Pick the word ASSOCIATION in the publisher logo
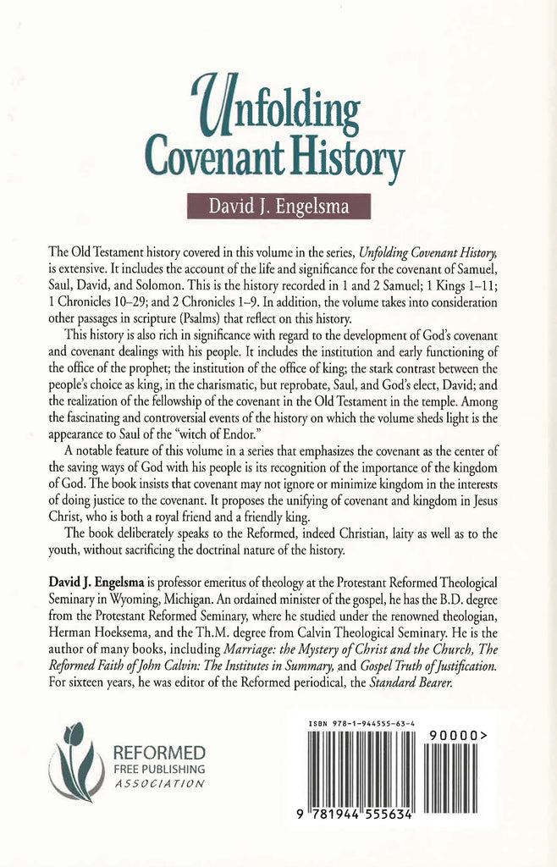click(158, 785)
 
